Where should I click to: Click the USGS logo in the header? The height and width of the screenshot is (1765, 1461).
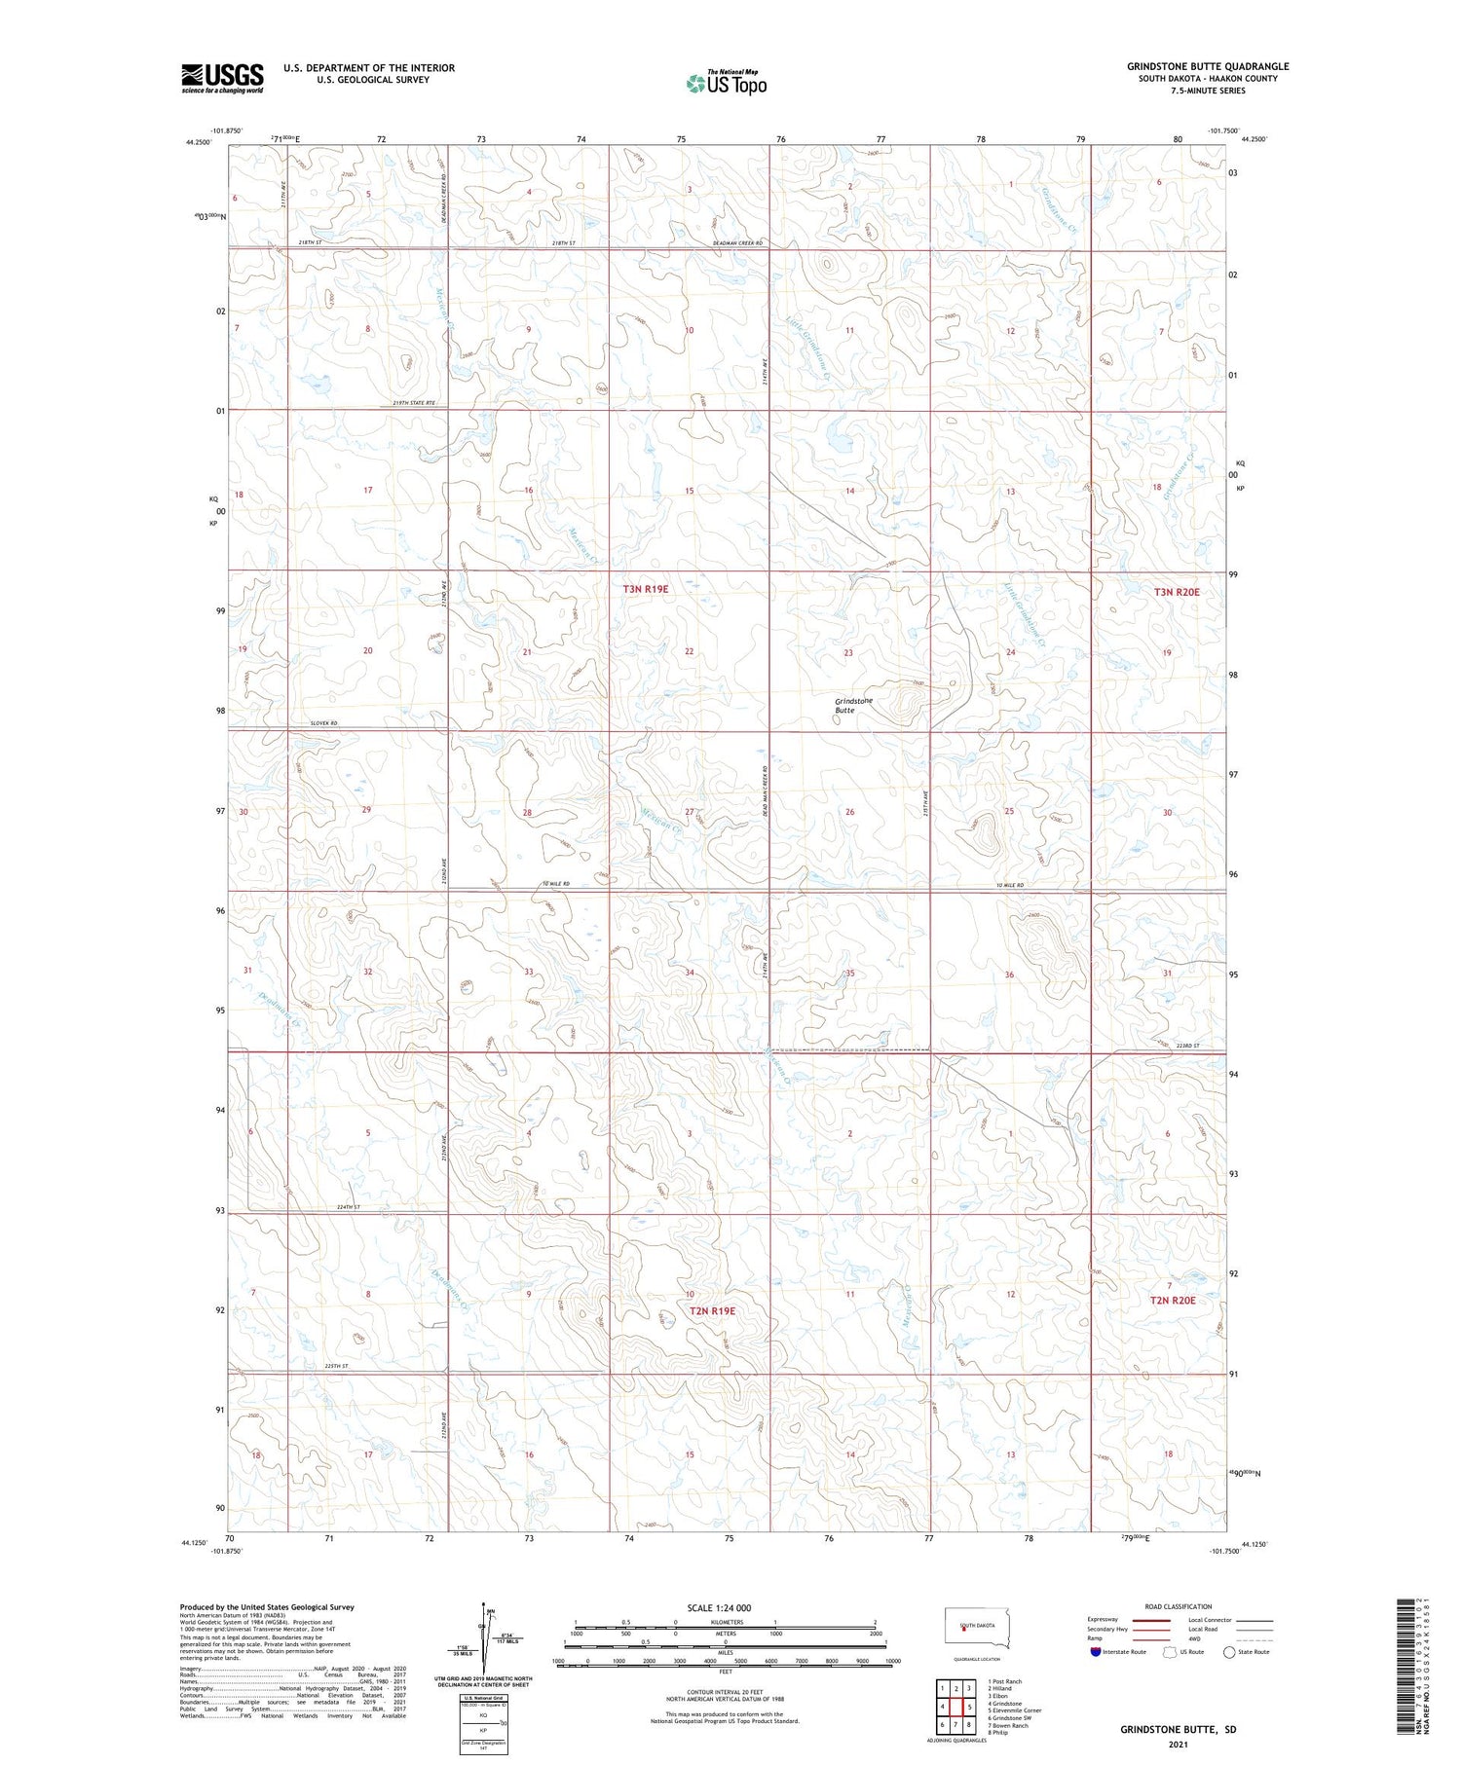(x=222, y=78)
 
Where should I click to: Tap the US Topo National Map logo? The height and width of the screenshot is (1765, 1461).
(x=726, y=83)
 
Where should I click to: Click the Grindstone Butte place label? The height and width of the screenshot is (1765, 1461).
(x=853, y=706)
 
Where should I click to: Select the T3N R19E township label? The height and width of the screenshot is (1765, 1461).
(x=646, y=589)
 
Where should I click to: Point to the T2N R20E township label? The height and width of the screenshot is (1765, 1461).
(x=1172, y=1300)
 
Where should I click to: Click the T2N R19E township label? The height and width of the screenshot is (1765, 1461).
(x=712, y=1310)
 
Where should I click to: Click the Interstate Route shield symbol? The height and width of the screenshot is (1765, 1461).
(x=1096, y=1652)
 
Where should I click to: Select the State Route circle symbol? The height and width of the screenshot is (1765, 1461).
(x=1229, y=1652)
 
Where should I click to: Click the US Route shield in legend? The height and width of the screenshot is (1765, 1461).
(x=1169, y=1652)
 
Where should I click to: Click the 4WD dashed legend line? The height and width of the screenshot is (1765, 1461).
(x=1255, y=1640)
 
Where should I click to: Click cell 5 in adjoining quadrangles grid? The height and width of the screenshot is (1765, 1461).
(x=970, y=1707)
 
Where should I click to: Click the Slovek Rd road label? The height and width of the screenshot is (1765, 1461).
(x=323, y=723)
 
